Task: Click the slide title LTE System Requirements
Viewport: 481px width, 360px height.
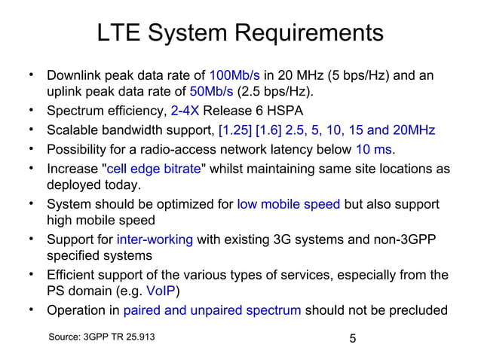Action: (x=240, y=33)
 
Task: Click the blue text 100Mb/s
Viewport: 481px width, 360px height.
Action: (x=234, y=75)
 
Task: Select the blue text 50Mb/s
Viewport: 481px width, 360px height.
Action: (x=210, y=93)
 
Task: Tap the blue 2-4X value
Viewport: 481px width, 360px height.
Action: (x=185, y=111)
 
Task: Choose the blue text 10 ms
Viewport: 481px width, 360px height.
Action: (x=375, y=149)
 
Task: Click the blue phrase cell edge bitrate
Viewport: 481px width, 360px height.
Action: (x=154, y=168)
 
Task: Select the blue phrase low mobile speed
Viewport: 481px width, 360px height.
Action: (x=288, y=203)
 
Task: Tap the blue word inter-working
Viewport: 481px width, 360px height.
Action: (x=155, y=239)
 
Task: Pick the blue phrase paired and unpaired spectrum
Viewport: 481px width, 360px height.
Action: (x=212, y=310)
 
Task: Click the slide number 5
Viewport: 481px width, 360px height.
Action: (x=352, y=338)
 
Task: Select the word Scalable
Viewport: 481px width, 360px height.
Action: (x=72, y=130)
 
